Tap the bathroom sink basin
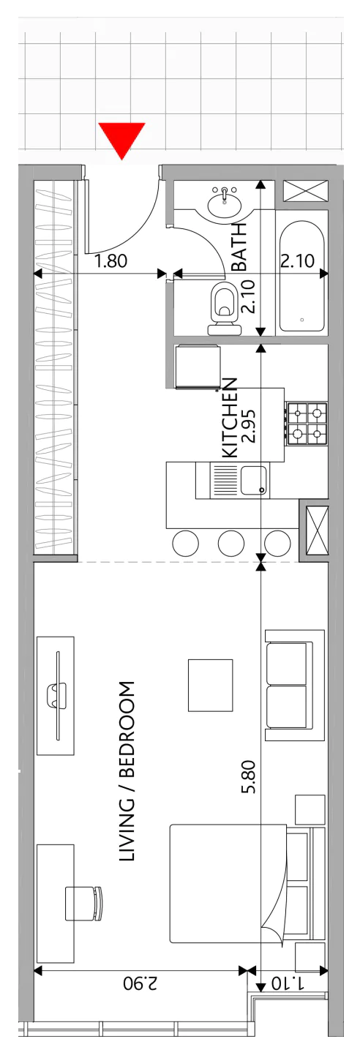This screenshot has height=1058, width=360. [x=225, y=202]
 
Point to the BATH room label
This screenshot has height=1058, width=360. [x=239, y=246]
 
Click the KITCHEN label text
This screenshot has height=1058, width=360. [x=230, y=417]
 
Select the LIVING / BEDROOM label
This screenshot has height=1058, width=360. [x=127, y=771]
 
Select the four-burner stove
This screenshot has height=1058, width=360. [x=307, y=423]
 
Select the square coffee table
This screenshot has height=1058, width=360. [x=210, y=685]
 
